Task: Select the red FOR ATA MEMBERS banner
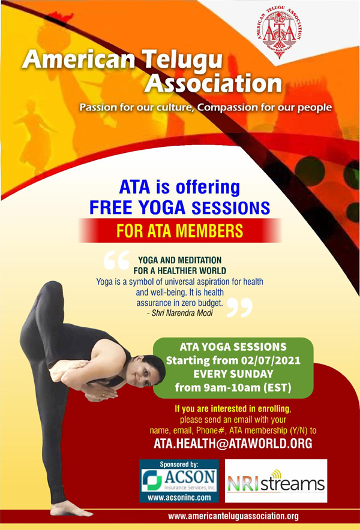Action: [x=180, y=230]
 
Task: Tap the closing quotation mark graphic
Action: [x=238, y=306]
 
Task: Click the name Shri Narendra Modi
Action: [x=192, y=313]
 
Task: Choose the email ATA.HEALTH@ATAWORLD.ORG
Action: [x=233, y=443]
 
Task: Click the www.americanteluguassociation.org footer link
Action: [x=233, y=516]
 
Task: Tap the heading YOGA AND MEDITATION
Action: [x=180, y=260]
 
